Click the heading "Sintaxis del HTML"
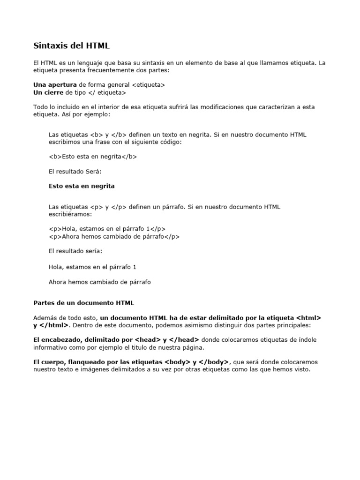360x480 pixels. click(71, 46)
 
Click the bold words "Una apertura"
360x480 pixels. click(55, 84)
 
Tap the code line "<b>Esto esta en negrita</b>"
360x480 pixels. click(93, 157)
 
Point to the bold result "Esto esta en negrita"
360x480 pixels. click(82, 186)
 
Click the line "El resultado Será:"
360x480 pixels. click(75, 172)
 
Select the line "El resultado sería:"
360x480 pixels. click(75, 251)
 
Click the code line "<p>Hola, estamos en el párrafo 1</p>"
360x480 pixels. click(107, 229)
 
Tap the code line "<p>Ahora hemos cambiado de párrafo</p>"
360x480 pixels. click(114, 237)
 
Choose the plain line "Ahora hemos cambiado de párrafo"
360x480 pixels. click(100, 282)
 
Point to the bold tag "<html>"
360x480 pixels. click(308, 318)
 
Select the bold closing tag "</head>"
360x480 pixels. click(184, 340)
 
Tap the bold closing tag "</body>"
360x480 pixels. click(213, 362)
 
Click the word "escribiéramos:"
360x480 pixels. click(70, 214)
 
